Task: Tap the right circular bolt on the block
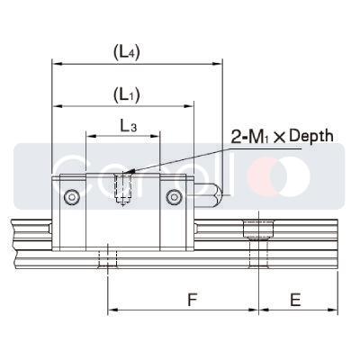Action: point(174,196)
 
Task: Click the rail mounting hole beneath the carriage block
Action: point(107,258)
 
